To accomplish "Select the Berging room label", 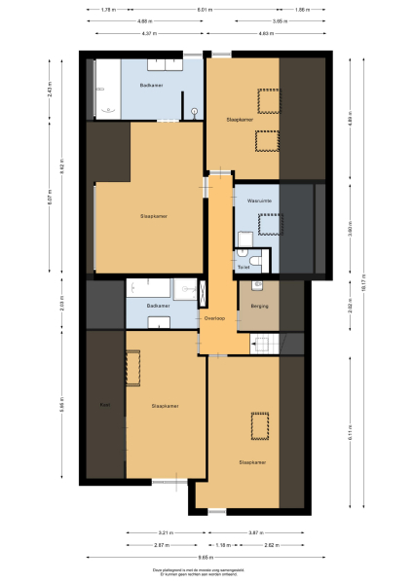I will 258,307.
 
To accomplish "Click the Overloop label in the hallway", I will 215,318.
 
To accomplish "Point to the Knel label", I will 103,404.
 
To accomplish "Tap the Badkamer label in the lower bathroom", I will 158,307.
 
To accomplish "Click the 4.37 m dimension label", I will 148,33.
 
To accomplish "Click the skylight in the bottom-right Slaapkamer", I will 260,426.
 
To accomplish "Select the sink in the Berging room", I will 257,285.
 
